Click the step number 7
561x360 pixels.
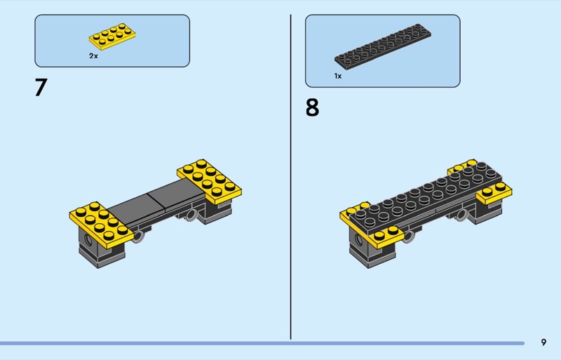tap(41, 88)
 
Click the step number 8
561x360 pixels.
tap(312, 107)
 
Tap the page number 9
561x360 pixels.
tap(543, 342)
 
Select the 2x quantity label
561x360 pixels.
tap(93, 56)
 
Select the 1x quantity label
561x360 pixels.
tap(338, 76)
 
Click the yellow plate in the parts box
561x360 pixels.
tap(112, 36)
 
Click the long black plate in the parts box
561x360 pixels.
tap(383, 46)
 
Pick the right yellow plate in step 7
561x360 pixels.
tap(209, 182)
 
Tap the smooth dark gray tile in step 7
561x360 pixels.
tap(156, 201)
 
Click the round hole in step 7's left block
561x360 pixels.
tap(87, 239)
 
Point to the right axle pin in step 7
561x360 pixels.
tap(191, 215)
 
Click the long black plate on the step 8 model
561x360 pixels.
tap(426, 198)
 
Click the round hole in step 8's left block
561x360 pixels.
tap(358, 239)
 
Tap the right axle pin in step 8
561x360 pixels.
tap(461, 215)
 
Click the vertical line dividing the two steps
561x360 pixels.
tap(290, 177)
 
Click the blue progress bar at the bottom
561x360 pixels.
tap(262, 343)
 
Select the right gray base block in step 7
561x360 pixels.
tap(214, 211)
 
